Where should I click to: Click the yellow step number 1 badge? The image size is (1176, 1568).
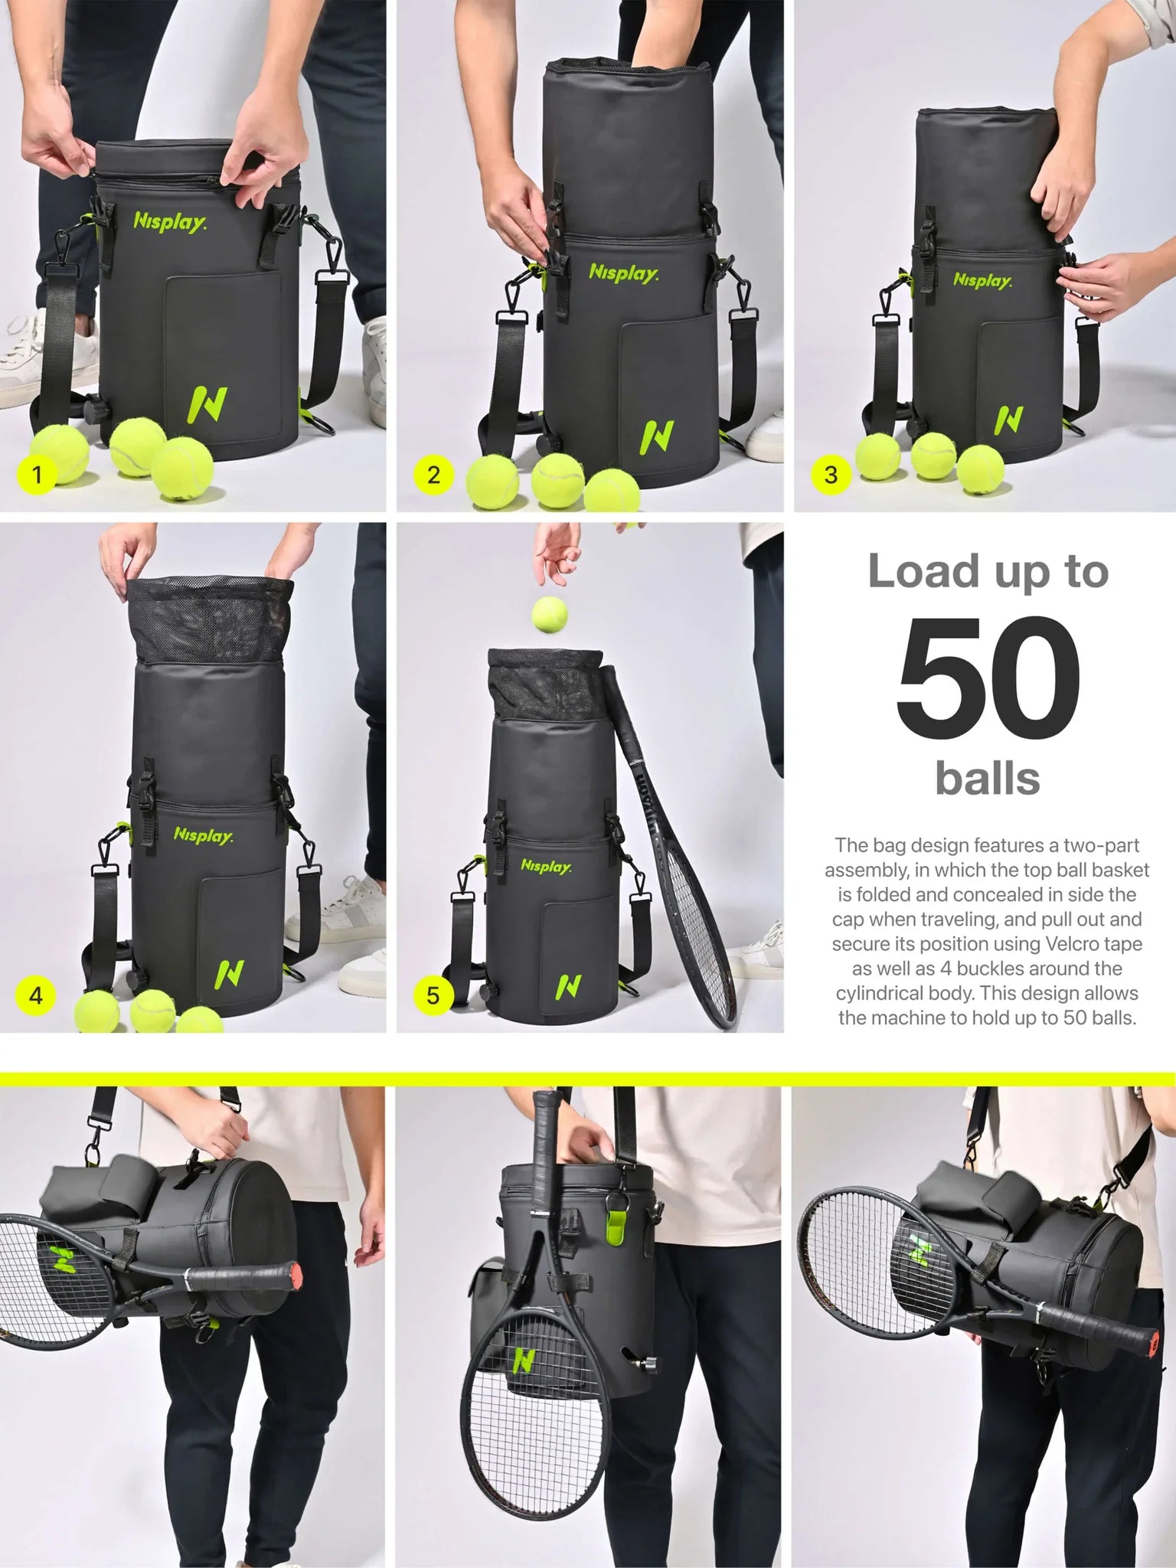37,475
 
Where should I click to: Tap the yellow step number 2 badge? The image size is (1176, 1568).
433,475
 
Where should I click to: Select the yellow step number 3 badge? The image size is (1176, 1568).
831,475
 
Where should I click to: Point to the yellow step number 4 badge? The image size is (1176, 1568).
36,995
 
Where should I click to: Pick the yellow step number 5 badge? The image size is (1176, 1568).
433,995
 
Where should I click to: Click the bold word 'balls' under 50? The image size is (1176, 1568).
988,778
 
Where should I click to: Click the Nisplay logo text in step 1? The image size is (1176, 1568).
170,223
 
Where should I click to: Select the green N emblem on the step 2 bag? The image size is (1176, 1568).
656,437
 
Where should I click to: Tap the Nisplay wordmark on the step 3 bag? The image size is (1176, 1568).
982,280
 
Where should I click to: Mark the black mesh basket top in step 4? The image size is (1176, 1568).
208,619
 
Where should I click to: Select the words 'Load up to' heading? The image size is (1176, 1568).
988,573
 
